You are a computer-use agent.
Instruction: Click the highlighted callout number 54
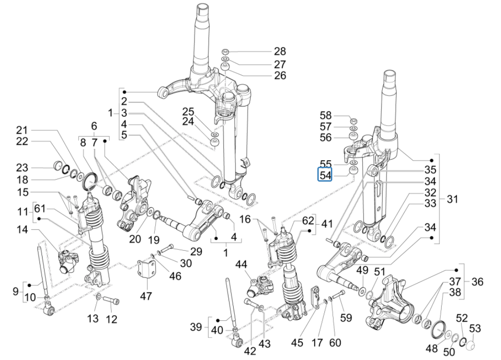pos(325,175)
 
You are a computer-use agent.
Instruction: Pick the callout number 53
pos(475,329)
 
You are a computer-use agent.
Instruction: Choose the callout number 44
pos(241,265)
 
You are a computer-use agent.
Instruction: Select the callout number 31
pos(452,199)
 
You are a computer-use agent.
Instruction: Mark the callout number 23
pos(22,168)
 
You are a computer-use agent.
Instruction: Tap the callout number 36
pos(477,282)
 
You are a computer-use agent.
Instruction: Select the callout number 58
pos(325,115)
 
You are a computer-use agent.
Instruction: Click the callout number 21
pos(22,129)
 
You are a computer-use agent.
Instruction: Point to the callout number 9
pos(16,291)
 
